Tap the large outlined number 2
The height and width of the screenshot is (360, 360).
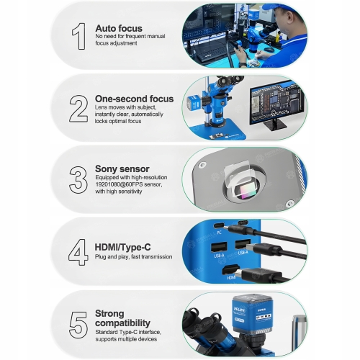pyautogui.click(x=78, y=109)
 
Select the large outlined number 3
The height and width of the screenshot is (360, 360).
pyautogui.click(x=78, y=180)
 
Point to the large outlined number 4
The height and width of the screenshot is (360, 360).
pyautogui.click(x=78, y=252)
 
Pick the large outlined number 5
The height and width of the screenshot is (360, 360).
pyautogui.click(x=78, y=325)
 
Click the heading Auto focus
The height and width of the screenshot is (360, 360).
pyautogui.click(x=119, y=28)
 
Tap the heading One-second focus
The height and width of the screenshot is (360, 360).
pyautogui.click(x=134, y=99)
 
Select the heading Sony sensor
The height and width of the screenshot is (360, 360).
pyautogui.click(x=122, y=168)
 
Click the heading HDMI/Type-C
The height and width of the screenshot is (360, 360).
pyautogui.click(x=122, y=247)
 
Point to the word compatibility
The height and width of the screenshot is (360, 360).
pyautogui.click(x=122, y=323)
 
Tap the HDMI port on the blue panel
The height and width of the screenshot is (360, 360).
pyautogui.click(x=230, y=269)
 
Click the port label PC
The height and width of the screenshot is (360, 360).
pyautogui.click(x=219, y=233)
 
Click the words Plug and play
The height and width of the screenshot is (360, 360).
pyautogui.click(x=112, y=257)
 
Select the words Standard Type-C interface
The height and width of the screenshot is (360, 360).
pyautogui.click(x=128, y=332)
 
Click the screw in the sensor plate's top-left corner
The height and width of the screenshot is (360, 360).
pyautogui.click(x=203, y=165)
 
